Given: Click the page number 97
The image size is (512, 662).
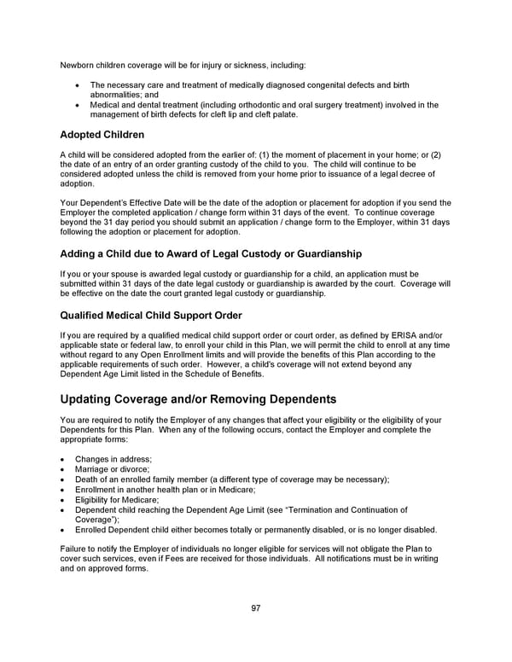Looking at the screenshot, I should (256, 607).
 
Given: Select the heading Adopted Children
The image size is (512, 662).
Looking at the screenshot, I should (102, 135).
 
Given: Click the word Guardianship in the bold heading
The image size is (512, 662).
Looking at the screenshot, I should (319, 253).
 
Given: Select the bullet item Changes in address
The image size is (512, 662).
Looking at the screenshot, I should (113, 459).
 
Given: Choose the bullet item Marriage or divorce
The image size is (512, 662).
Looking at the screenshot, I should (112, 469).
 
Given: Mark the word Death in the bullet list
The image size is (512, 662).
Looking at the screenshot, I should (88, 479).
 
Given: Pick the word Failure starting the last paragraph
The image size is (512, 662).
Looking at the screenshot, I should (75, 549).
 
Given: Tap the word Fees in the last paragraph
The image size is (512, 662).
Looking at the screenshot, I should (220, 559).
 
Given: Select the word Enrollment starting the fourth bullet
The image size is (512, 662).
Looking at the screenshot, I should (97, 490).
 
